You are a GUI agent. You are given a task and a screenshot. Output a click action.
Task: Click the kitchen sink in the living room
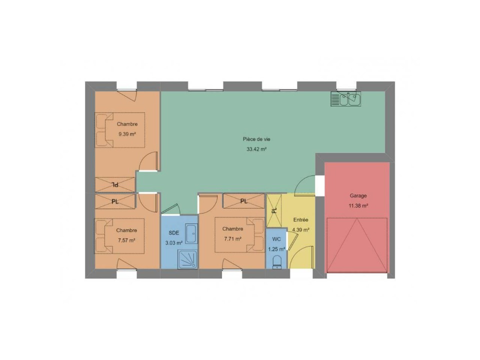[x=345, y=99]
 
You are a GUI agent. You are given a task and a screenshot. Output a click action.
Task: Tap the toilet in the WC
[x=277, y=262]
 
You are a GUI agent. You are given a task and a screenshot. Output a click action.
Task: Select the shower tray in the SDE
[x=187, y=259]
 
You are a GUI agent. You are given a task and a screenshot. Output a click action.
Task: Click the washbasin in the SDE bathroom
[x=191, y=234]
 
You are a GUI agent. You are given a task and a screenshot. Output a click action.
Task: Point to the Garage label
[x=358, y=195]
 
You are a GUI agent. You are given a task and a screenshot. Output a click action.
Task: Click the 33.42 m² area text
[x=256, y=149]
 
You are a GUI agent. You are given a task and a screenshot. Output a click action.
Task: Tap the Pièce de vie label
[x=256, y=139]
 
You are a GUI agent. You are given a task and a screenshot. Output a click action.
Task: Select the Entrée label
[x=300, y=220]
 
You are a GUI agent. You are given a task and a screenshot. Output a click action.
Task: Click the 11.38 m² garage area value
[x=358, y=205]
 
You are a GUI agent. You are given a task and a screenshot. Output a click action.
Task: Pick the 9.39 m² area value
[x=127, y=134]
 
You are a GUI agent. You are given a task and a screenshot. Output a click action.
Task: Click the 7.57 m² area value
[x=126, y=240]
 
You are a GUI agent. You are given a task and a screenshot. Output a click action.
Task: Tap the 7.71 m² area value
[x=232, y=239]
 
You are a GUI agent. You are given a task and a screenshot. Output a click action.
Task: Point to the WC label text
[x=276, y=239]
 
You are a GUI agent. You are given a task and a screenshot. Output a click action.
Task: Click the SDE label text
[x=174, y=233]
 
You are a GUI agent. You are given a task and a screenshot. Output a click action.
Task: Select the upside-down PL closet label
[x=115, y=184]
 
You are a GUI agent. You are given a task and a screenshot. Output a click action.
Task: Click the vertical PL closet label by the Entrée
[x=274, y=210]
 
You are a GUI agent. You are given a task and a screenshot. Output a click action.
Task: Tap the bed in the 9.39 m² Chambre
[x=119, y=130]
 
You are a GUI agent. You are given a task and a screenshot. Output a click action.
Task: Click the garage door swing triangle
[x=357, y=245]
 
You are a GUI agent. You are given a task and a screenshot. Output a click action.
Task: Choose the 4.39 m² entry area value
[x=300, y=230]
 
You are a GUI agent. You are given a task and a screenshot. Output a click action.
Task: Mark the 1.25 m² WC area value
[x=276, y=249]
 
